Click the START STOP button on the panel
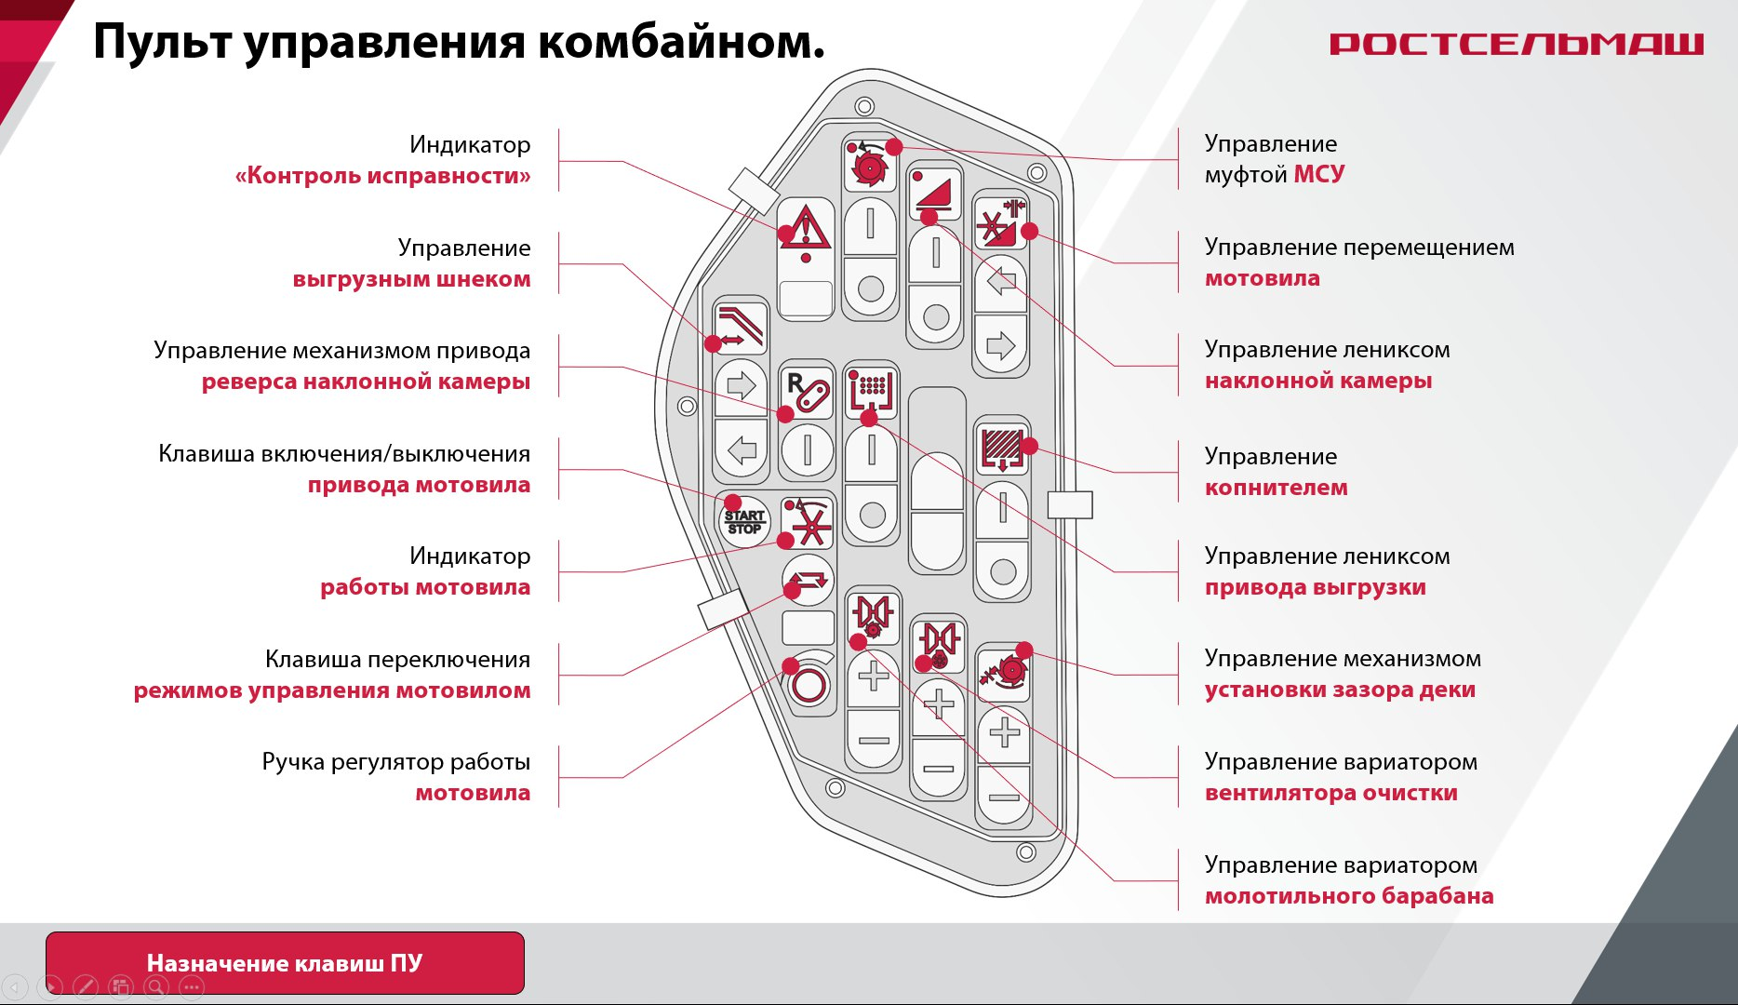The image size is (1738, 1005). (x=744, y=521)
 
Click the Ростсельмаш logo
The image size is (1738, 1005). (x=1517, y=44)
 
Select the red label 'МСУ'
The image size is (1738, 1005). (x=1319, y=174)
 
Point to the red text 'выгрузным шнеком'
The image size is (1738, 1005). (x=411, y=279)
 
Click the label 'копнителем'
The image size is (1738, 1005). (x=1276, y=488)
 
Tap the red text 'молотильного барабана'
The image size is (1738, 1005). (x=1349, y=896)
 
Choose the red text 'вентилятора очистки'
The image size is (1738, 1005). (x=1331, y=793)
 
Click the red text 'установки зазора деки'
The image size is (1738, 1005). (x=1340, y=690)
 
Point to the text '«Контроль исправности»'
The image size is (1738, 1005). (x=382, y=176)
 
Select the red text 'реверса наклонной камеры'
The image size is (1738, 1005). (x=366, y=382)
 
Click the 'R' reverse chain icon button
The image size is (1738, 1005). (x=807, y=390)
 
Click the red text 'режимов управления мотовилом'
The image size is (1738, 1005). (x=332, y=690)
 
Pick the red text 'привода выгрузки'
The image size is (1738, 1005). (x=1316, y=587)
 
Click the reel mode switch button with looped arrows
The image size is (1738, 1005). (x=808, y=579)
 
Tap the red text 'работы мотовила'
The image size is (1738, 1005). (x=425, y=587)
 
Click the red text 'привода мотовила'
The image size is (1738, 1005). (x=419, y=485)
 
